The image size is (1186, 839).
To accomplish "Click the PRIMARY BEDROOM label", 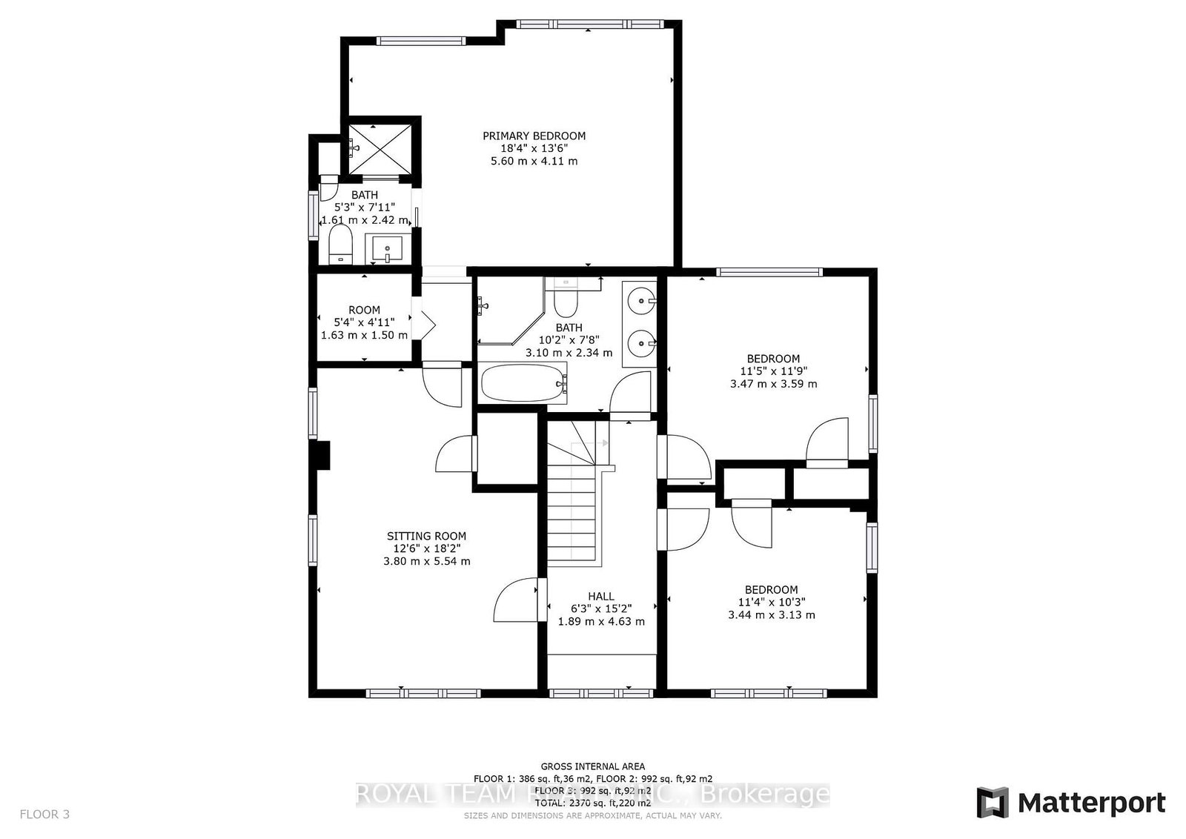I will [534, 136].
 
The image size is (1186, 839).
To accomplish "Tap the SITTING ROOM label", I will [426, 536].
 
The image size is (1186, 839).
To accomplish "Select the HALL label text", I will [601, 596].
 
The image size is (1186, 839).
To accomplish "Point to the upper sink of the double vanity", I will [640, 301].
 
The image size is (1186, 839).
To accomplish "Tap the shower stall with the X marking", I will [380, 146].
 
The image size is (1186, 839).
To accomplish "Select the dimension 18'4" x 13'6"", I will [534, 148].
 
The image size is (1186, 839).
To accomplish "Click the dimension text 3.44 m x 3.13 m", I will [772, 614].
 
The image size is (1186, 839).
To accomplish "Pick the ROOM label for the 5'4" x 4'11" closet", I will [364, 310].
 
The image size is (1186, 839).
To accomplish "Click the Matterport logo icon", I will [993, 803].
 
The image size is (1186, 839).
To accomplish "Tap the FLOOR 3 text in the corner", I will [44, 814].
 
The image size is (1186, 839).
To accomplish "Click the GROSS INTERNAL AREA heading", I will [592, 766].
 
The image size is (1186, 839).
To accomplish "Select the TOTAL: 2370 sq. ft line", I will [592, 802].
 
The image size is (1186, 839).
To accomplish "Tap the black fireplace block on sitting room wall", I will [321, 454].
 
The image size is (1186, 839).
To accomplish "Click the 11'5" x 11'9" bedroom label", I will [773, 359].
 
